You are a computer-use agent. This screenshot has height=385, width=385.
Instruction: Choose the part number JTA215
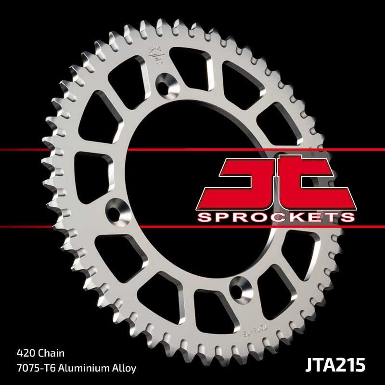tap(335, 363)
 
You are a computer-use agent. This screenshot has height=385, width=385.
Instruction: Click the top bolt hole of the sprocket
tap(167, 83)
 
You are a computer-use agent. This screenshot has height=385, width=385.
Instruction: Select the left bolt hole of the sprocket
tap(116, 208)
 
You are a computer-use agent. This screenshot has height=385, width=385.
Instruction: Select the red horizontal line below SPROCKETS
tap(192, 227)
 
